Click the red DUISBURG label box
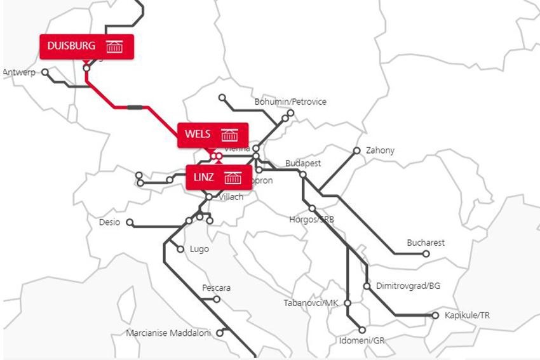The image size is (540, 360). pyautogui.click(x=86, y=46)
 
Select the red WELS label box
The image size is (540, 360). pyautogui.click(x=212, y=135)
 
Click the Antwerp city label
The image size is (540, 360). pyautogui.click(x=19, y=72)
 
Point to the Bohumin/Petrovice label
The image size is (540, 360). pyautogui.click(x=290, y=102)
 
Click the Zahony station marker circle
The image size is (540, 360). pyautogui.click(x=357, y=150)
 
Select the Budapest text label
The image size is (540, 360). pyautogui.click(x=303, y=163)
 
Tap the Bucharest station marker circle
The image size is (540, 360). pyautogui.click(x=426, y=254)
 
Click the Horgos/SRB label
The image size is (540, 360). pyautogui.click(x=311, y=220)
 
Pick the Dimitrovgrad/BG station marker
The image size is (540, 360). pyautogui.click(x=367, y=286)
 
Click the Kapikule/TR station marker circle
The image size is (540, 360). pyautogui.click(x=435, y=316)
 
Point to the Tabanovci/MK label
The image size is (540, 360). pyautogui.click(x=311, y=303)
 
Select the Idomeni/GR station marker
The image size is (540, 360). pyautogui.click(x=362, y=330)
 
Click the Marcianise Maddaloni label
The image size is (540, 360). pyautogui.click(x=168, y=333)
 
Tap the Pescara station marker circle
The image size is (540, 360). pyautogui.click(x=217, y=299)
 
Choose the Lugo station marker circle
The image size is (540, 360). pyautogui.click(x=180, y=249)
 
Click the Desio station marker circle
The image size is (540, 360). pyautogui.click(x=130, y=223)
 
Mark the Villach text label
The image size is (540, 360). pyautogui.click(x=231, y=197)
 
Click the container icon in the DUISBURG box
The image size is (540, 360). pyautogui.click(x=114, y=46)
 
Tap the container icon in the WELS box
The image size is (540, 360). pyautogui.click(x=229, y=135)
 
